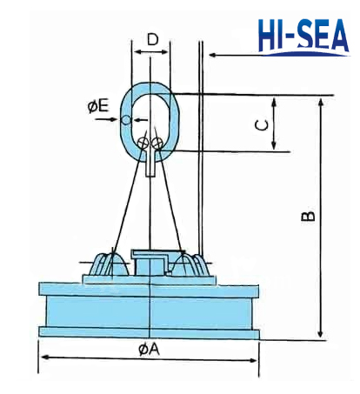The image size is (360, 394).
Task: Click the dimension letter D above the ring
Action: (x=152, y=40)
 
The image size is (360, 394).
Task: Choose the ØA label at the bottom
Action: (x=149, y=351)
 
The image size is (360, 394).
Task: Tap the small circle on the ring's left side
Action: (x=128, y=119)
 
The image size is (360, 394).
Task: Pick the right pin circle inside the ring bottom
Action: (x=157, y=141)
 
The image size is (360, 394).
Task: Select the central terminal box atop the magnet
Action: (x=150, y=260)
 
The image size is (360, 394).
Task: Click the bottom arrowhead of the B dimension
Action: (x=320, y=335)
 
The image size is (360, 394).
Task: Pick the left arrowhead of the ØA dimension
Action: (x=42, y=357)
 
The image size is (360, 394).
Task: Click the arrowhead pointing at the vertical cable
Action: (x=211, y=56)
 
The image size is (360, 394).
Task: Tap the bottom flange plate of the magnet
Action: (x=150, y=331)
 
